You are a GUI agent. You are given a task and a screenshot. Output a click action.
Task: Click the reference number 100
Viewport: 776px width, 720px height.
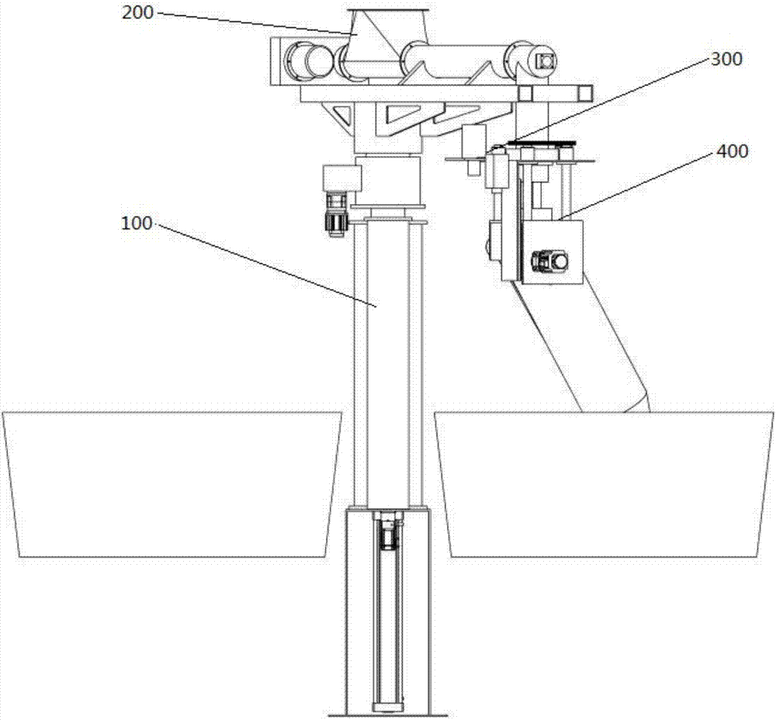pos(137,223)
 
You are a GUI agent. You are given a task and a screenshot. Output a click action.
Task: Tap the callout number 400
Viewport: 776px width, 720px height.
pos(732,151)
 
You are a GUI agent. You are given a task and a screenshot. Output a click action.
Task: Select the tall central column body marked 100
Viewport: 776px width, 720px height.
pos(388,357)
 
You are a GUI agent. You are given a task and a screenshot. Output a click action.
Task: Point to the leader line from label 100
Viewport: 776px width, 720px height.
pos(264,264)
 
